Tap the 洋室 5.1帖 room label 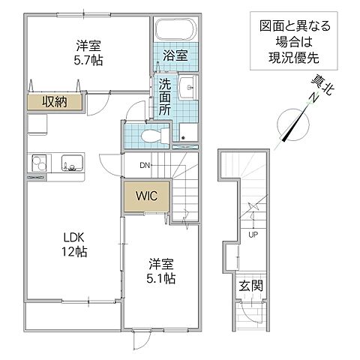pyautogui.click(x=160, y=271)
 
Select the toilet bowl pyautogui.click(x=150, y=136)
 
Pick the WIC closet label pyautogui.click(x=145, y=196)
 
